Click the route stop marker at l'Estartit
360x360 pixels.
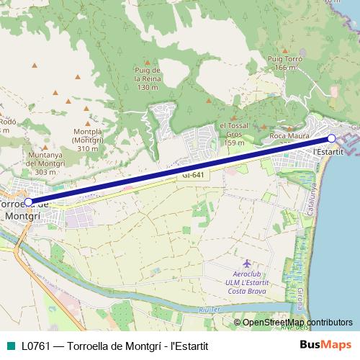pyautogui.click(x=331, y=138)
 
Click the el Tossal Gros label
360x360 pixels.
pyautogui.click(x=234, y=134)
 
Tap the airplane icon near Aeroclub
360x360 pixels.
pyautogui.click(x=248, y=264)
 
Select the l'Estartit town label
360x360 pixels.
pyautogui.click(x=328, y=153)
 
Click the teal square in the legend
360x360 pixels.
pyautogui.click(x=9, y=346)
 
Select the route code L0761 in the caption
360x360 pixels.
pyautogui.click(x=35, y=346)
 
